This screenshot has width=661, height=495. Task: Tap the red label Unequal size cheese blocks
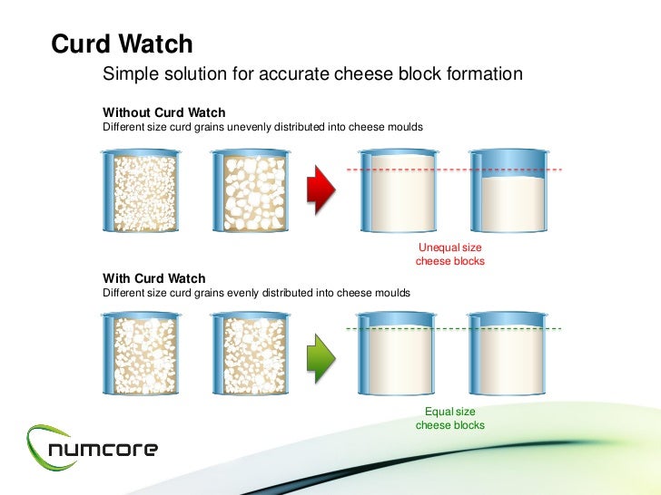[x=449, y=255]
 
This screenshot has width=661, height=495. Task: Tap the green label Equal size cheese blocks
[x=449, y=418]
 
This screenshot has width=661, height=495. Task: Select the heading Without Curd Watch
[x=163, y=113]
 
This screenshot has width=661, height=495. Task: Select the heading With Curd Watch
[x=154, y=278]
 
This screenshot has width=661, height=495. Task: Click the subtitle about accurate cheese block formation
[x=313, y=73]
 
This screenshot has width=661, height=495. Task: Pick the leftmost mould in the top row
[x=141, y=190]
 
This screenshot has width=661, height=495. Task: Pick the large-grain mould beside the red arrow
[x=249, y=190]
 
